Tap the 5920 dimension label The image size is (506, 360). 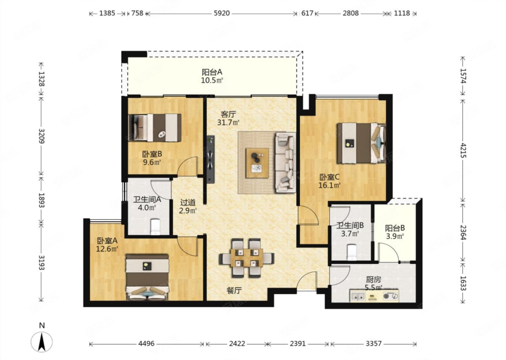222,13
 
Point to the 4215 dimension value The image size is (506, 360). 463,150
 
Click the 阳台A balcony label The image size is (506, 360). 212,72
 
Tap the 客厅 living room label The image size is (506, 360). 228,114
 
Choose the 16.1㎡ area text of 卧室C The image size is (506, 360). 329,185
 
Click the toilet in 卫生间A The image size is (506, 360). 155,226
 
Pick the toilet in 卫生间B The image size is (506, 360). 352,252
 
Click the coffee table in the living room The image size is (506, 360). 257,163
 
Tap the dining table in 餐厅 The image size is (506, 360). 247,258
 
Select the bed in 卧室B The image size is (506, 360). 155,128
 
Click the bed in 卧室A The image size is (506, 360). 147,277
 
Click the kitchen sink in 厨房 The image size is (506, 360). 358,296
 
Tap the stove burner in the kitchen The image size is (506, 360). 391,296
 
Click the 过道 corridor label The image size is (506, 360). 188,202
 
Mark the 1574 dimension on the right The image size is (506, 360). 463,76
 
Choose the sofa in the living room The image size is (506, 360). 285,163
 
